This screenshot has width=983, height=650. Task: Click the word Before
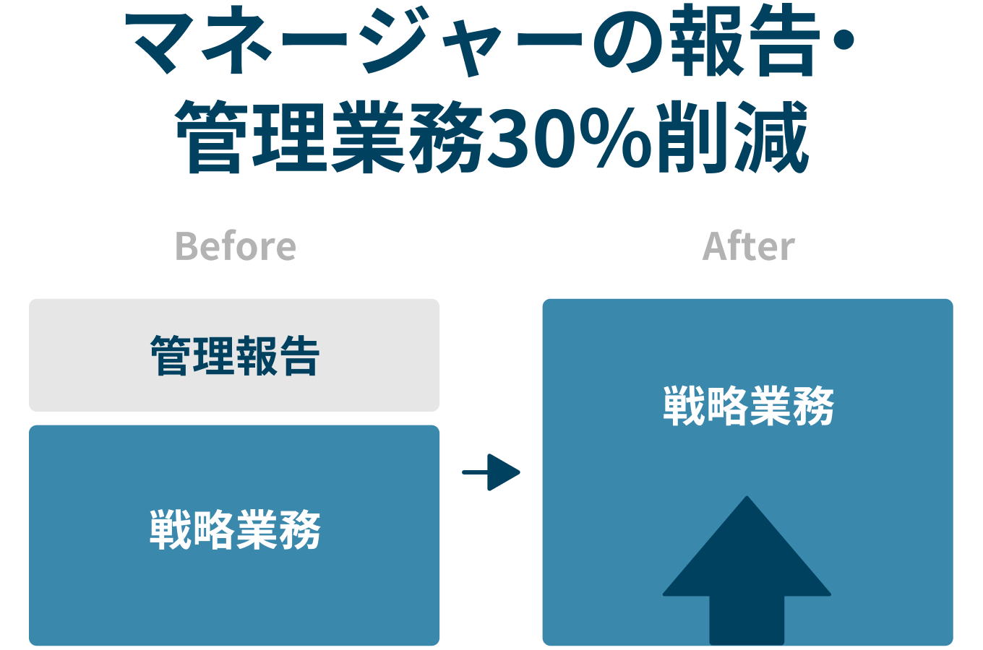[x=236, y=246]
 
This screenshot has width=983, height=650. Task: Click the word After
[x=749, y=246]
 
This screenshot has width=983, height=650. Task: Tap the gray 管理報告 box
[x=234, y=355]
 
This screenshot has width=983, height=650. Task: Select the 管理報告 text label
[x=235, y=356]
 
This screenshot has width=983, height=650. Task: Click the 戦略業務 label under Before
[x=235, y=529]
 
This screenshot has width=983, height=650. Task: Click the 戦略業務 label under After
[x=748, y=406]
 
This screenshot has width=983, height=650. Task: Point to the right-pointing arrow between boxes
[x=491, y=472]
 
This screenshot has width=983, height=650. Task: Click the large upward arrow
[x=747, y=570]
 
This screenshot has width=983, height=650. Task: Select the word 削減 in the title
[x=732, y=136]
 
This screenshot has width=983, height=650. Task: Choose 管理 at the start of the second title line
[x=251, y=136]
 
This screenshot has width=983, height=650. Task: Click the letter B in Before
[x=186, y=246]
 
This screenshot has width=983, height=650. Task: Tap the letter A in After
[x=715, y=246]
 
